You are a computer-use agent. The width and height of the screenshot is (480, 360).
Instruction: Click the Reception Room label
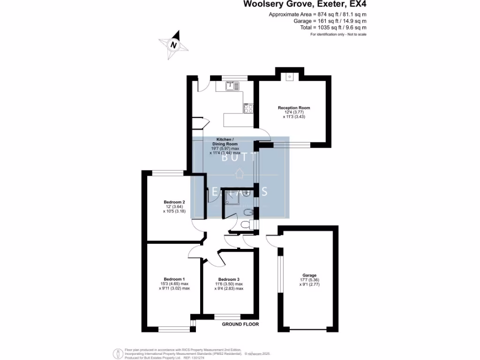[294, 108]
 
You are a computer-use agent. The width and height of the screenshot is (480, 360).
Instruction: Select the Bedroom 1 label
[174, 279]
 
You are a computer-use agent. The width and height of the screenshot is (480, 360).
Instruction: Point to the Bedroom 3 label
[229, 279]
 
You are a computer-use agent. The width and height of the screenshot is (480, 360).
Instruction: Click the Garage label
[309, 275]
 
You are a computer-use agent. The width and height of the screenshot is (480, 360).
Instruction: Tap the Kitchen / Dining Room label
[224, 142]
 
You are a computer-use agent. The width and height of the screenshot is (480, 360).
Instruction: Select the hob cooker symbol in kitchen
[248, 108]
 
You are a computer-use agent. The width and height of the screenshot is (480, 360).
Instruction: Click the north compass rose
[174, 45]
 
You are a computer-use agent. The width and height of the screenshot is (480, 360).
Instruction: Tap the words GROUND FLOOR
[240, 324]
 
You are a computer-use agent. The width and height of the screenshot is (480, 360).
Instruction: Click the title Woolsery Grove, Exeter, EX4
[304, 5]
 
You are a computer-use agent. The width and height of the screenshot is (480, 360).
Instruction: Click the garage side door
[271, 239]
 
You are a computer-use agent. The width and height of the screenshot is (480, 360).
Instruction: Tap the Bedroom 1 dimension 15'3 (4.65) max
[174, 284]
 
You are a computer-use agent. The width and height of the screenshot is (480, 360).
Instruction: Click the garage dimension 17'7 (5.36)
[309, 280]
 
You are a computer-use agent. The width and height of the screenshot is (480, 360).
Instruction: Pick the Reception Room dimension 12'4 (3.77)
[294, 112]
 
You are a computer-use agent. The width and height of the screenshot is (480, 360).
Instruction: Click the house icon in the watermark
[240, 173]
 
